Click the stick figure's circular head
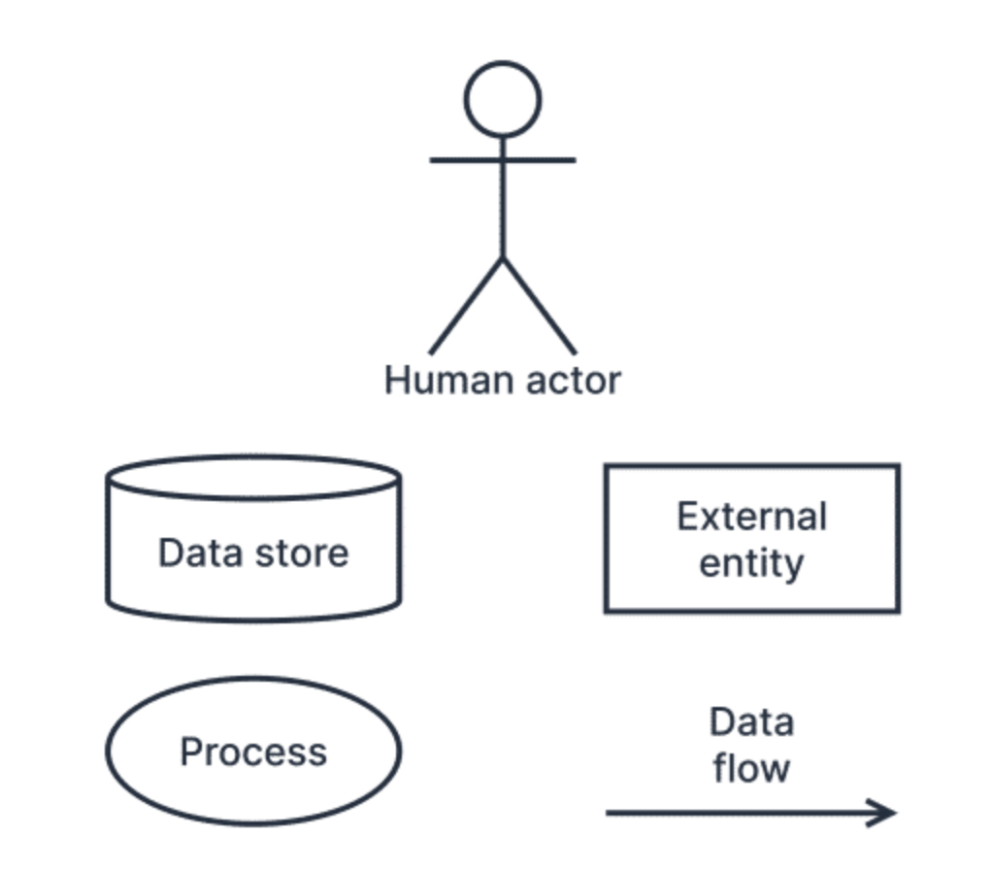(x=502, y=99)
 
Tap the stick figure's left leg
(x=466, y=306)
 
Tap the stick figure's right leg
(x=540, y=306)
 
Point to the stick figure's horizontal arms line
(x=456, y=159)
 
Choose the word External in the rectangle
(x=751, y=517)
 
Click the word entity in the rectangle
(x=751, y=563)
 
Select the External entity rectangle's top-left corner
(x=607, y=467)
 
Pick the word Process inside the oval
(x=253, y=753)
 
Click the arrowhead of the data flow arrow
(x=885, y=813)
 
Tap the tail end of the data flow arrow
(x=610, y=813)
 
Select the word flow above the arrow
(x=751, y=768)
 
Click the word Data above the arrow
(x=751, y=722)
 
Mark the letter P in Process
(x=190, y=753)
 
